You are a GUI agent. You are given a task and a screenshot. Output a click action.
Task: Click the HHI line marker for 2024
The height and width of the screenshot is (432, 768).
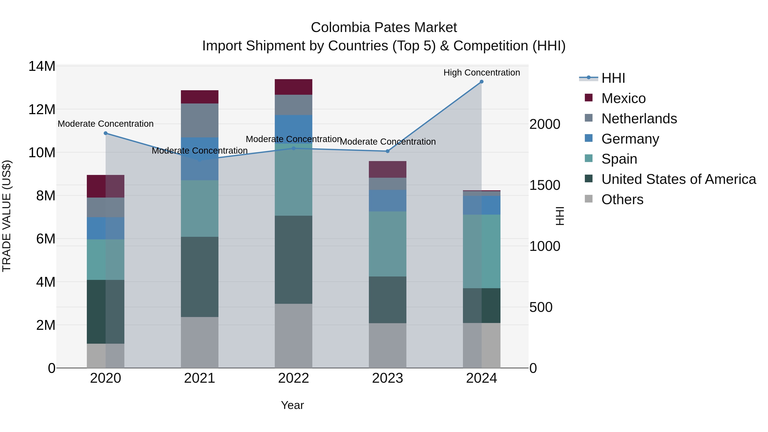pos(481,82)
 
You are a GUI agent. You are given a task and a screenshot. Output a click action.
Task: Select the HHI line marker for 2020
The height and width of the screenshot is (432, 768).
pos(106,133)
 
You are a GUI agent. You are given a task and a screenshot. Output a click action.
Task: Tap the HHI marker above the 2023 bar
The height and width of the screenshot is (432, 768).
pos(388,151)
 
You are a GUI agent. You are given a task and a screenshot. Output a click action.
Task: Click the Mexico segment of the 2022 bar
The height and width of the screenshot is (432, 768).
pos(293,87)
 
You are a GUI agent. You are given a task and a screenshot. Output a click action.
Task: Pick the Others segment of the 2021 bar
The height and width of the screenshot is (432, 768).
pos(199,342)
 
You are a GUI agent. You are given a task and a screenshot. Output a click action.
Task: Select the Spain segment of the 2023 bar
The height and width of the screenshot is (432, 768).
pos(388,244)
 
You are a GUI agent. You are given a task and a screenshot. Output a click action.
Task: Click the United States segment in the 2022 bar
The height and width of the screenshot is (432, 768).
pos(293,260)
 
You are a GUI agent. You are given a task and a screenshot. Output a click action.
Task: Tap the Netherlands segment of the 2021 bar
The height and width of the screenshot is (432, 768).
pos(199,121)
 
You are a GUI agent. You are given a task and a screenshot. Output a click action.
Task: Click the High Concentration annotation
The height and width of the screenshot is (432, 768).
pos(481,73)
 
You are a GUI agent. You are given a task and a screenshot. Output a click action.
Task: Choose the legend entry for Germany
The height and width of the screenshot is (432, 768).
pos(630,139)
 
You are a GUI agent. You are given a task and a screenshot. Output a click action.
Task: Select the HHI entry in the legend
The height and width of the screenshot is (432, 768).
pos(613,78)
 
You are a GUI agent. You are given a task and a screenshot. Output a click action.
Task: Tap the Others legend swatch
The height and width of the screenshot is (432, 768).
pos(589,199)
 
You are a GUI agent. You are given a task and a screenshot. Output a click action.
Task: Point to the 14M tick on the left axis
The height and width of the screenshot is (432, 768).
pos(42,66)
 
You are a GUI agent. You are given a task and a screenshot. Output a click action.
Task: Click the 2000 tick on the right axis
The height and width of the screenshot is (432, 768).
pos(545,124)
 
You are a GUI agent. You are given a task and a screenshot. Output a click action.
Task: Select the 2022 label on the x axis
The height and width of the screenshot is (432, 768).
pos(293,378)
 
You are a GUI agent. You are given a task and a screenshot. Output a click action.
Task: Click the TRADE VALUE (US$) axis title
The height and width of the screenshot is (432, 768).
pos(7,216)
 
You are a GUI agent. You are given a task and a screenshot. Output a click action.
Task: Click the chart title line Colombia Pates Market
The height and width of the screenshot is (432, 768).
pos(384,28)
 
